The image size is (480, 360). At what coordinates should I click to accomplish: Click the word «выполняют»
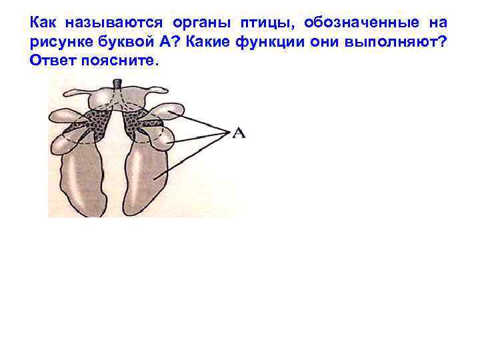(400, 42)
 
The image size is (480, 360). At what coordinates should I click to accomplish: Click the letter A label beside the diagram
(238, 134)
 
